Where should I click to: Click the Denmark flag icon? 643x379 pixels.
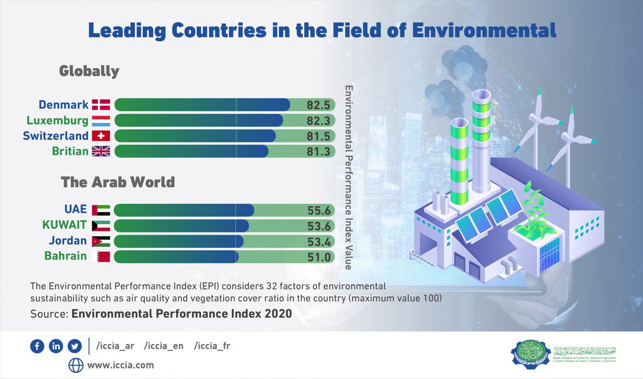coord(101,105)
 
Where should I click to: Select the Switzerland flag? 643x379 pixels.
coord(101,136)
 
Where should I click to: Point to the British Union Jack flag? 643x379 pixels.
coord(101,151)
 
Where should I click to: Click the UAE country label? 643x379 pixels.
coord(75,209)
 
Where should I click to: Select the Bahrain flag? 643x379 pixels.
coord(103,256)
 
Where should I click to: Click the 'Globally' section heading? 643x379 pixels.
coord(89,71)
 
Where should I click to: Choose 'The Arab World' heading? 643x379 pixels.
coord(118,182)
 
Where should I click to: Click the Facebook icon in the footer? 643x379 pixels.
coord(37,346)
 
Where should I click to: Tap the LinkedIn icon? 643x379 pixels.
coord(56,346)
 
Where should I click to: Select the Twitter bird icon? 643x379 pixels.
coord(74,346)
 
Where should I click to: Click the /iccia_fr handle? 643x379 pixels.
coord(212,346)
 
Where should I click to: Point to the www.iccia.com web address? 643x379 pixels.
coord(120,365)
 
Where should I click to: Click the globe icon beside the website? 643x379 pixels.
coord(76,365)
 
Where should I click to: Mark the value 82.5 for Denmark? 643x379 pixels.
coord(318,105)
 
